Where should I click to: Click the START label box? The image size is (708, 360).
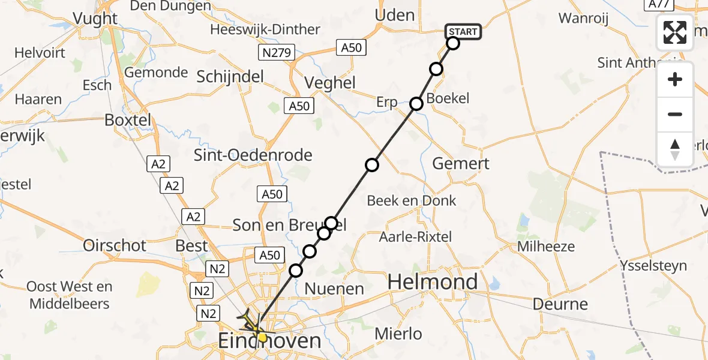tap(463, 32)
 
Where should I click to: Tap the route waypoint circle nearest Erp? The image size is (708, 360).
tap(416, 104)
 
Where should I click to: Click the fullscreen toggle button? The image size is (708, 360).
tap(675, 32)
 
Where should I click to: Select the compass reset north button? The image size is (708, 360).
tap(675, 149)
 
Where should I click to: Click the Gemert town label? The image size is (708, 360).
tap(461, 163)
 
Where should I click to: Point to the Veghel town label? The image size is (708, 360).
tap(330, 83)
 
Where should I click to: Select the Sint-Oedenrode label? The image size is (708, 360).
tap(253, 155)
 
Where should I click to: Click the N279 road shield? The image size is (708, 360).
tap(277, 53)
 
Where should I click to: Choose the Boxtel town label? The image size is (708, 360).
tap(128, 119)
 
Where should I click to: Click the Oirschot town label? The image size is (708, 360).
tap(115, 245)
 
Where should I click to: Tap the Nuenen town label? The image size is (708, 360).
tap(334, 289)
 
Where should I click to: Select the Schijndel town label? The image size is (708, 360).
tap(230, 76)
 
